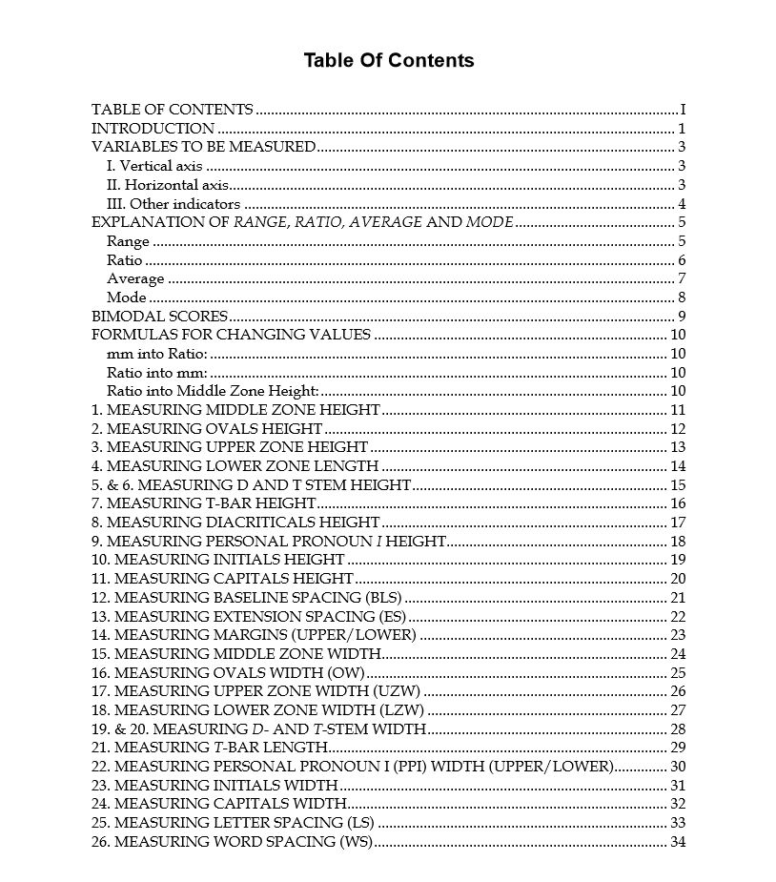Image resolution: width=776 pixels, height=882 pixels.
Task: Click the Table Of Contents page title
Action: click(388, 61)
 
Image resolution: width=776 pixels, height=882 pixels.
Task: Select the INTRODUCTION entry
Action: click(153, 129)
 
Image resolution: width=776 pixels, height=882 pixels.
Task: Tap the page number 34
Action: click(678, 842)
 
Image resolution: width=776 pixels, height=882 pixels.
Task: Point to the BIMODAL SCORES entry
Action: click(159, 317)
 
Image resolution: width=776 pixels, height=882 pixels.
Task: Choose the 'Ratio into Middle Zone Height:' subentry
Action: click(212, 391)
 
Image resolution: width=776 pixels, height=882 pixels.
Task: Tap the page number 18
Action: click(678, 542)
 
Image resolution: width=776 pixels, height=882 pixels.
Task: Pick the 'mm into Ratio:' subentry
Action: click(156, 354)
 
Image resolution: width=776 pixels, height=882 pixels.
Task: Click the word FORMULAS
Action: click(131, 335)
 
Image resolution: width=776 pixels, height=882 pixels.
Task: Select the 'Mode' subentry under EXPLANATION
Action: click(126, 297)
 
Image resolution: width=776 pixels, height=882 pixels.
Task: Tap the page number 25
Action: click(678, 673)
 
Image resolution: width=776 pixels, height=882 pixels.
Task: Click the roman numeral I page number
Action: click(683, 110)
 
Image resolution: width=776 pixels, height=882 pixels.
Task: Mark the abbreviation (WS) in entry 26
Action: click(356, 842)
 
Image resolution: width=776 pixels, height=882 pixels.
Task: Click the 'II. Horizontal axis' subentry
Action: click(167, 185)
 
